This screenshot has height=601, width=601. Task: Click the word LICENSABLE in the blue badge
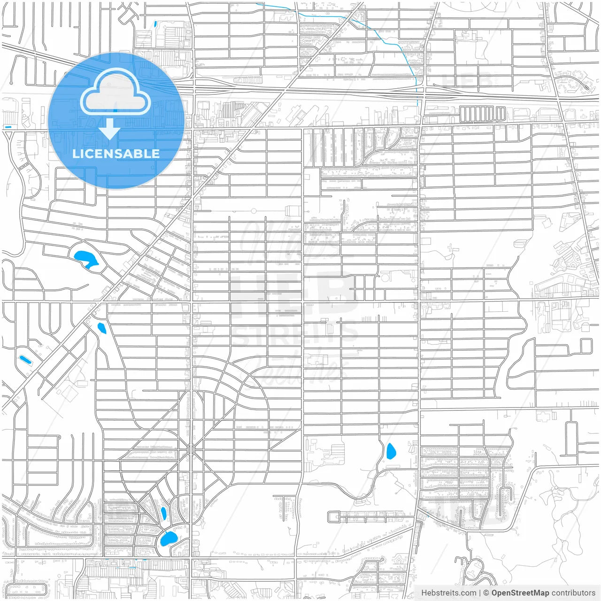116,154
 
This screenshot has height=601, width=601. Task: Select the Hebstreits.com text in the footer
448,593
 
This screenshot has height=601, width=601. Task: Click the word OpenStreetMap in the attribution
520,593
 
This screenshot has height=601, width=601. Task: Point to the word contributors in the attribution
573,593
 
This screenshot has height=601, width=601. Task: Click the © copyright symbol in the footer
486,593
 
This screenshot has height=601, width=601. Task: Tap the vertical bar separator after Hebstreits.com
479,593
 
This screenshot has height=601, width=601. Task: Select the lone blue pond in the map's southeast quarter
391,451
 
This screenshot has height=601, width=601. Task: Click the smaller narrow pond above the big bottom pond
163,513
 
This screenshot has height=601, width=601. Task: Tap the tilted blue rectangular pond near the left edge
25,360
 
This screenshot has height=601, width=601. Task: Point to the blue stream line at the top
376,31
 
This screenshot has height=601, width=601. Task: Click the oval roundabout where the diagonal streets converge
191,450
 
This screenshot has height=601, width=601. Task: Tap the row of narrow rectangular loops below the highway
482,114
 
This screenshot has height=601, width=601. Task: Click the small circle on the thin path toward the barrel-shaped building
254,211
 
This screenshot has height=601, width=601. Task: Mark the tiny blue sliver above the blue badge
155,23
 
